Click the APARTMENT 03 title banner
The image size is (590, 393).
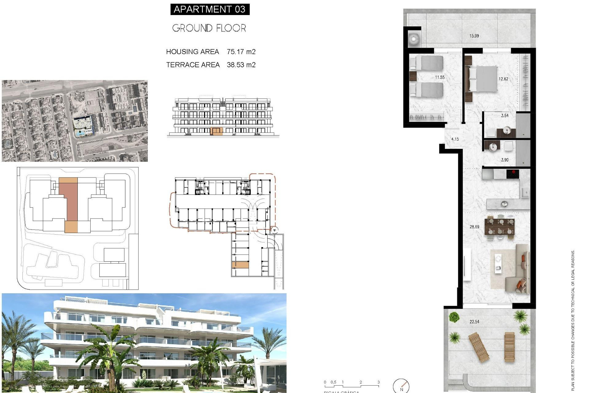[x=210, y=9]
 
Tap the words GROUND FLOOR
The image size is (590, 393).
[x=209, y=28]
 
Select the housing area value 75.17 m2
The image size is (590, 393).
[x=241, y=52]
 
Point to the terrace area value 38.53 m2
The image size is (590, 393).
[x=241, y=65]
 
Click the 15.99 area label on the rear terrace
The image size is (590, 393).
[x=474, y=36]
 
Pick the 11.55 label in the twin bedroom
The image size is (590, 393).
[x=439, y=77]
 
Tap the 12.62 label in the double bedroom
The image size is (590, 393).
[x=503, y=79]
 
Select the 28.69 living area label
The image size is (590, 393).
[x=474, y=227]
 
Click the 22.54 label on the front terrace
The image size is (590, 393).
[x=474, y=322]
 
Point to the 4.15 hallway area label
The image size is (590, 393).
[x=455, y=139]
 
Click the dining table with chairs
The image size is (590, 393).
[x=499, y=226]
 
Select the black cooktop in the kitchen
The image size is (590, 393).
[x=512, y=174]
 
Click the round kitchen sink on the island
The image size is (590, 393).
[x=504, y=204]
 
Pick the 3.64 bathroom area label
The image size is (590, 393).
[x=505, y=116]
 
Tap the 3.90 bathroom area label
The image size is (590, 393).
[x=505, y=160]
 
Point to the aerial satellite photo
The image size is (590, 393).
[x=75, y=121]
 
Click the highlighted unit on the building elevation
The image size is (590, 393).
[x=217, y=131]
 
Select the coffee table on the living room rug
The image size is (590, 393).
[x=498, y=264]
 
